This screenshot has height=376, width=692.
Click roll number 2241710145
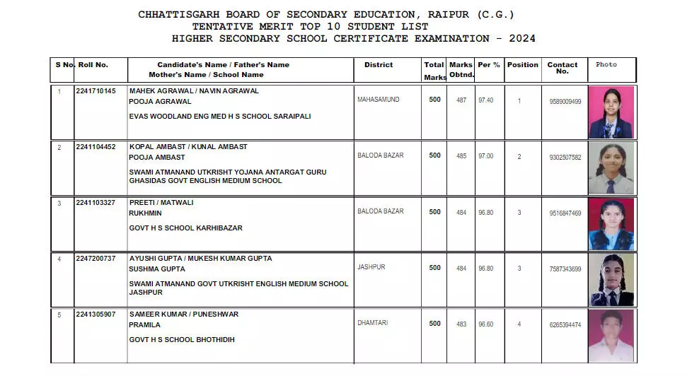tap(100, 91)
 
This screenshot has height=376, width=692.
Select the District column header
tap(379, 65)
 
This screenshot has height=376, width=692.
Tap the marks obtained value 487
tap(461, 100)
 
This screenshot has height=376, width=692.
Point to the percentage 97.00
tap(486, 156)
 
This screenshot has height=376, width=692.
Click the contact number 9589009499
tap(565, 102)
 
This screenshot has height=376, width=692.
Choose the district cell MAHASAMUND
tap(379, 100)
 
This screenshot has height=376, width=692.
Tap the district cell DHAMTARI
tap(373, 323)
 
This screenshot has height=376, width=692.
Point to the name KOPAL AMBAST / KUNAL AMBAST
tap(188, 146)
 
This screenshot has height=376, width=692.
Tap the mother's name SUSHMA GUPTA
tap(157, 269)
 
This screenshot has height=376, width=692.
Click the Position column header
tap(523, 65)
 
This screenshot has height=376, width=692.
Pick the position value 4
tap(519, 324)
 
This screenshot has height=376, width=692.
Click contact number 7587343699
tap(565, 269)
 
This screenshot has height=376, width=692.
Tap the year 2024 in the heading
tap(519, 38)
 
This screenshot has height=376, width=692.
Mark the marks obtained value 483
tap(461, 324)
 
